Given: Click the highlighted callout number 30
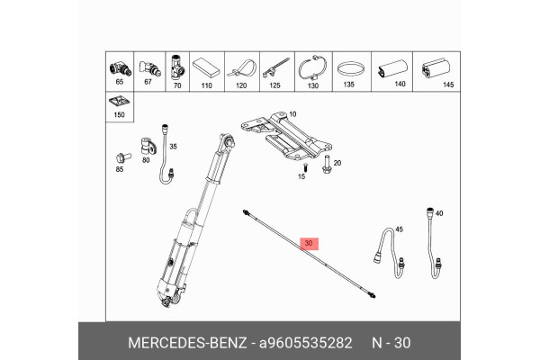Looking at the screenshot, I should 310,243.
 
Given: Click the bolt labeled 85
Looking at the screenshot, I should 120,154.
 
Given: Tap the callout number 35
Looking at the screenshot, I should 174,146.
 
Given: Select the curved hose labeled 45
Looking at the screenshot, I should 382,247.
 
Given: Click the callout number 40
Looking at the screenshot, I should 440,214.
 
